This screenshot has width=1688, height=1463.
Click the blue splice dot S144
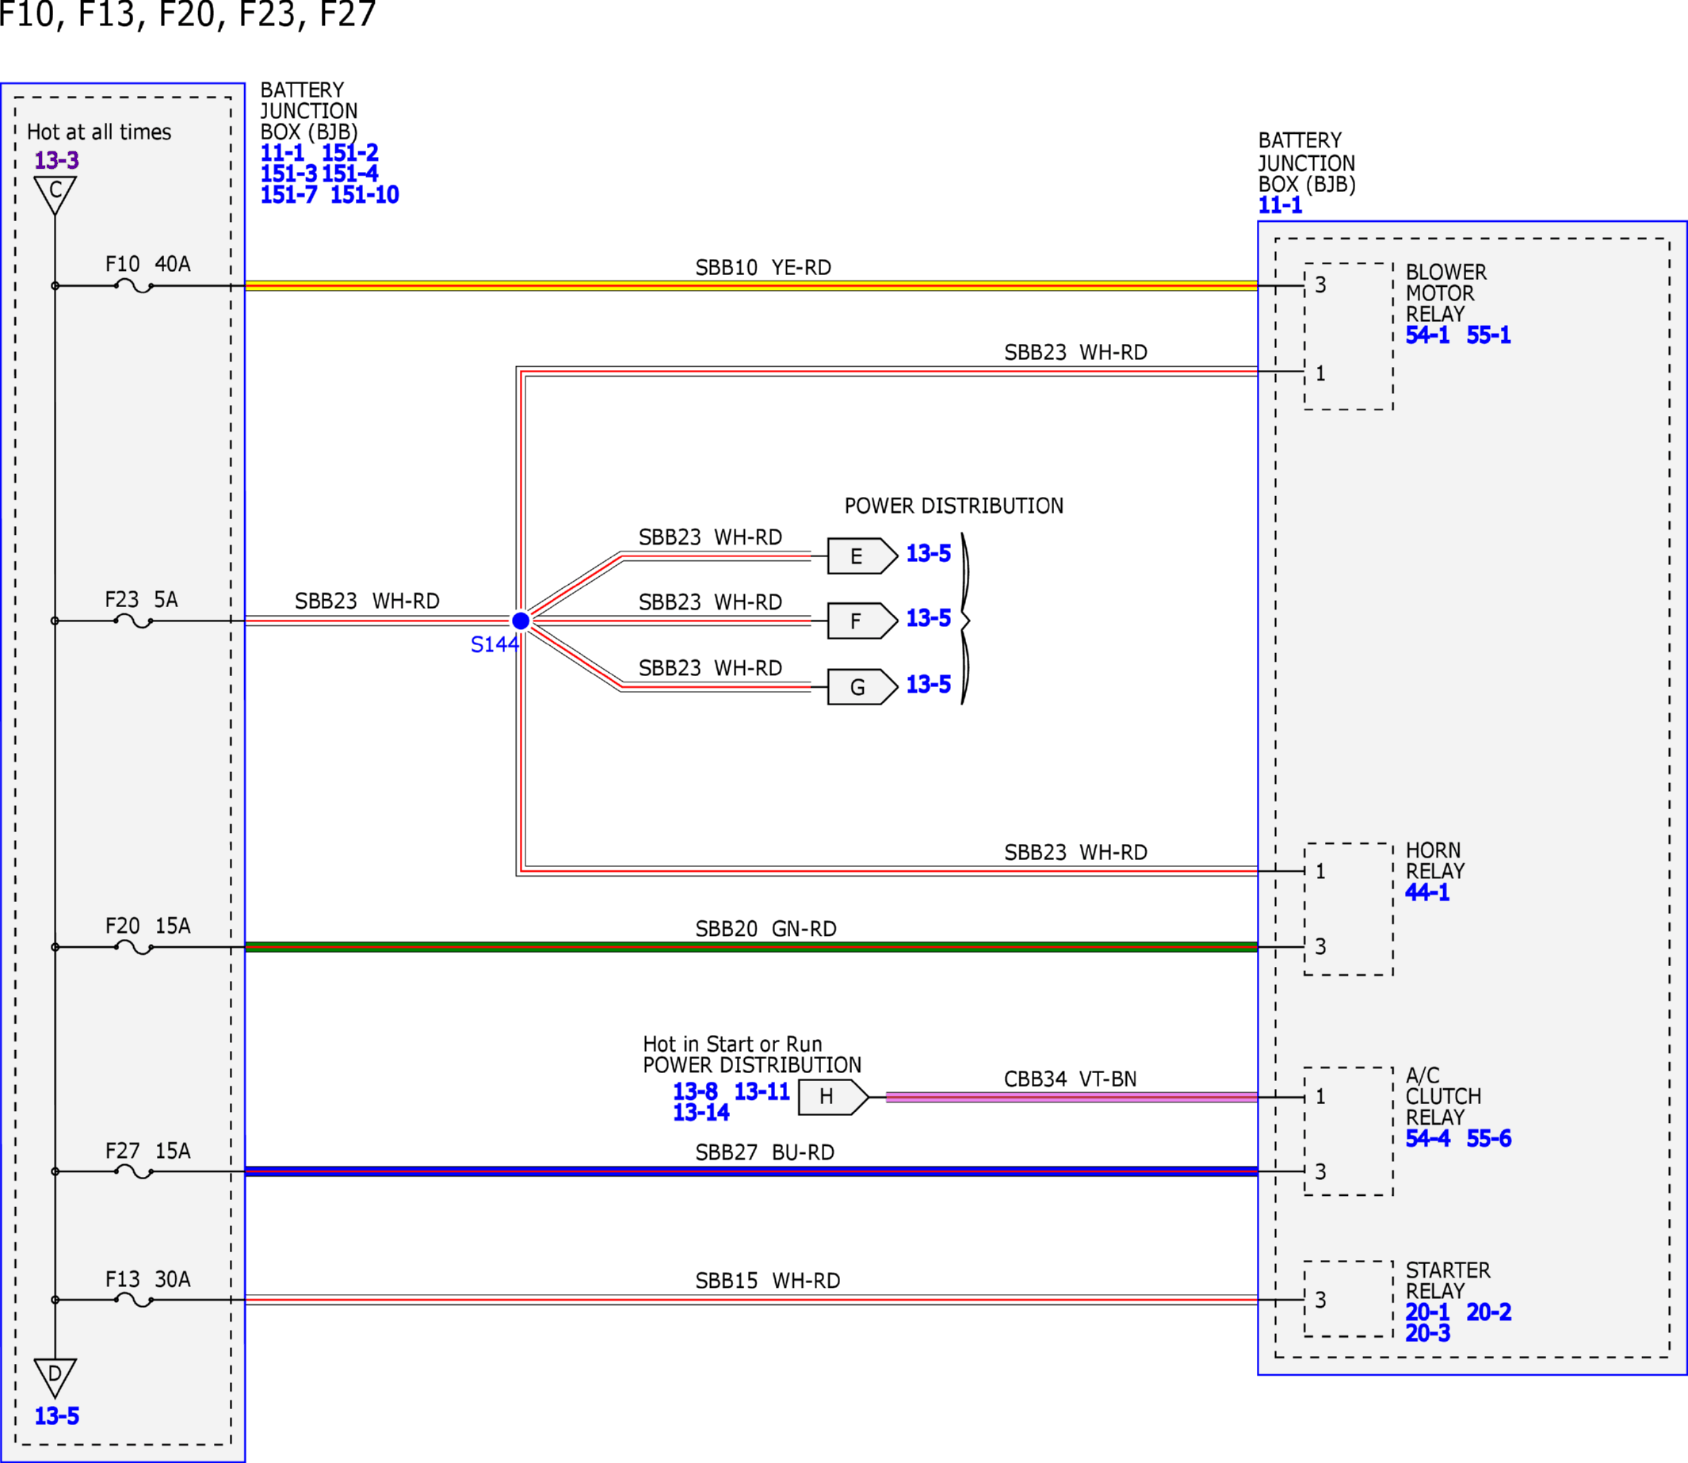[x=521, y=621]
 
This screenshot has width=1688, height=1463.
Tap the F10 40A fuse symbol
[x=134, y=286]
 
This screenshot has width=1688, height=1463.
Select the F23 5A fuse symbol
[x=134, y=621]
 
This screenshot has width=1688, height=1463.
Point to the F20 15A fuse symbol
[x=134, y=947]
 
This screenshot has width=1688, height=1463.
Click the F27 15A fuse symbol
[x=134, y=1171]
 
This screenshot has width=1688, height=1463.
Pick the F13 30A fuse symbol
[x=134, y=1300]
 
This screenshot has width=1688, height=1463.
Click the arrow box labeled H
[x=834, y=1096]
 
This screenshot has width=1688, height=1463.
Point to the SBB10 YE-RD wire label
[x=763, y=268]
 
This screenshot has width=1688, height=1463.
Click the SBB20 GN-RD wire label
[x=766, y=929]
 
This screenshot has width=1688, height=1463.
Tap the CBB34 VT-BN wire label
[x=1070, y=1079]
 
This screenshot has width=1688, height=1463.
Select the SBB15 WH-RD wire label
[x=767, y=1281]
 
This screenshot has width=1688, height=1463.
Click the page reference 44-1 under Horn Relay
[x=1426, y=892]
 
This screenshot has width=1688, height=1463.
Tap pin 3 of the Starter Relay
[x=1319, y=1300]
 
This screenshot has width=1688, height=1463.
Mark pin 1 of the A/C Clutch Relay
[x=1319, y=1096]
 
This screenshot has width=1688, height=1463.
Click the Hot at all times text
[x=99, y=132]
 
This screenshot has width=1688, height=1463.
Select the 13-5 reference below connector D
[x=56, y=1416]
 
